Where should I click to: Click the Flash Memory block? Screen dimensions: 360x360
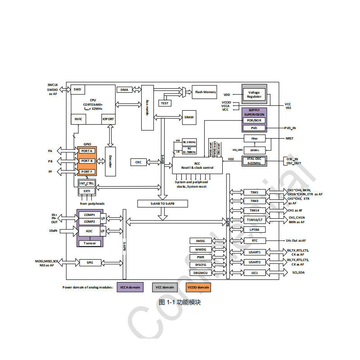coord(206,92)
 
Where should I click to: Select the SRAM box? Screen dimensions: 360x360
coord(189,117)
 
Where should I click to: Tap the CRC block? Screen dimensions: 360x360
coord(139,162)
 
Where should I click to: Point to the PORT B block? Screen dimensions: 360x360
coord(87,161)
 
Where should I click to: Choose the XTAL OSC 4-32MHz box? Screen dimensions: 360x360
coord(254,161)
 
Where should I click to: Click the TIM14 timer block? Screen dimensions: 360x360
coord(254,210)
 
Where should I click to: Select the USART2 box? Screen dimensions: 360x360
coord(254,262)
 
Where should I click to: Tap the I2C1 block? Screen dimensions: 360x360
coord(254,273)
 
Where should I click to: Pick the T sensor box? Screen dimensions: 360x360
coord(90,243)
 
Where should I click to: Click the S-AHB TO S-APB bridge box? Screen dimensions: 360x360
coord(162,204)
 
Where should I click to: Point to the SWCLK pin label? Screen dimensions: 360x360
coord(53,85)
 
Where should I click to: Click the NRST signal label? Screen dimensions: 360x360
coord(289,138)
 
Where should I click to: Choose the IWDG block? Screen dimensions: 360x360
coord(201,241)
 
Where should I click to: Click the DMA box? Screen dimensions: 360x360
coord(124,90)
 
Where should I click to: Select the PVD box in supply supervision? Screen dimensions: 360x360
coord(254,128)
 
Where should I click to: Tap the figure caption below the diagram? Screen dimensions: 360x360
coord(180,302)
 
